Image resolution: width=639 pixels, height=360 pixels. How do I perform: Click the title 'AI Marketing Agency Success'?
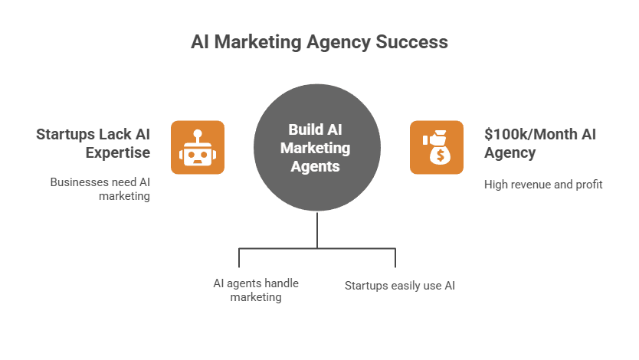[x=319, y=42]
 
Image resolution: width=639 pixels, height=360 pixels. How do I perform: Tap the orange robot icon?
[x=197, y=147]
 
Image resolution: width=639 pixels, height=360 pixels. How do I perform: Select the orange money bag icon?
[x=437, y=147]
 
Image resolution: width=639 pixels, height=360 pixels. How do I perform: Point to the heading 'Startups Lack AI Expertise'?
[x=93, y=143]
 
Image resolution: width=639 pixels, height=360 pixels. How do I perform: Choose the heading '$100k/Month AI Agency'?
[x=540, y=143]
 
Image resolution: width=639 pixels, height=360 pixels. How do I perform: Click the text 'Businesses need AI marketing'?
[x=100, y=189]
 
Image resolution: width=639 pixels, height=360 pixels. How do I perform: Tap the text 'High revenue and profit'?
[x=543, y=184]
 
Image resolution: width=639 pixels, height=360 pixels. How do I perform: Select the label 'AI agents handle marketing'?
[x=256, y=290]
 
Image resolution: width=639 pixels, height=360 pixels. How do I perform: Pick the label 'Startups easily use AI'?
[x=399, y=286]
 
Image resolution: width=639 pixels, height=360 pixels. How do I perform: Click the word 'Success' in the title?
[x=411, y=42]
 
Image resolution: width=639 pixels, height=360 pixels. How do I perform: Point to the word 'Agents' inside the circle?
[x=319, y=165]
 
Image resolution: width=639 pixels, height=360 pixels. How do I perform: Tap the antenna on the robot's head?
[x=197, y=133]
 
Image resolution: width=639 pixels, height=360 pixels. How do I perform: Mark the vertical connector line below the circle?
[x=317, y=230]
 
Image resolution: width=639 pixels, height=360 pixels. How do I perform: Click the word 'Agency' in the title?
[x=337, y=42]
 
